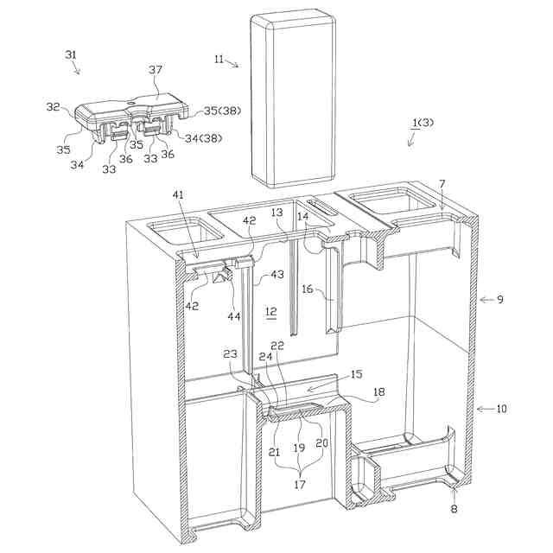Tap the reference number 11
[x=219, y=59]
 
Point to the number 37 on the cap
[x=155, y=69]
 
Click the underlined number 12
[x=270, y=310]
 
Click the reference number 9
[x=500, y=300]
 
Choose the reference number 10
[x=502, y=408]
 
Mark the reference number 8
[x=454, y=511]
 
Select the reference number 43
[x=276, y=274]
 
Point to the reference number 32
[x=53, y=108]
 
